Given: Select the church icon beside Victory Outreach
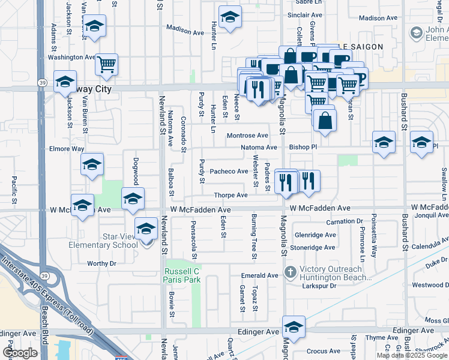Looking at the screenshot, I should pyautogui.click(x=291, y=272).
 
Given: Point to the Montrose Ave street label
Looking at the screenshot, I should pyautogui.click(x=247, y=136).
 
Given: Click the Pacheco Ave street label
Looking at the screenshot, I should pyautogui.click(x=229, y=171).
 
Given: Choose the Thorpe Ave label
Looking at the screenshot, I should pyautogui.click(x=231, y=195).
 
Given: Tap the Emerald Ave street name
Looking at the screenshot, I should pyautogui.click(x=260, y=275).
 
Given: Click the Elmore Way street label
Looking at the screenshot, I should pyautogui.click(x=67, y=148).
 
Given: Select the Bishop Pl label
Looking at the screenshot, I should pyautogui.click(x=302, y=146).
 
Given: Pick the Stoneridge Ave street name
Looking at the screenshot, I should pyautogui.click(x=313, y=247).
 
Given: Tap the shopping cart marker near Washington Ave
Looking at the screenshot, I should pyautogui.click(x=106, y=64).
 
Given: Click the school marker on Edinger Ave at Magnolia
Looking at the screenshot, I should pyautogui.click(x=294, y=327).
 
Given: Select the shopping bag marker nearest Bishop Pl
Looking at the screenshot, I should pyautogui.click(x=325, y=120).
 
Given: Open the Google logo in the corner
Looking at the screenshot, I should pyautogui.click(x=20, y=353).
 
